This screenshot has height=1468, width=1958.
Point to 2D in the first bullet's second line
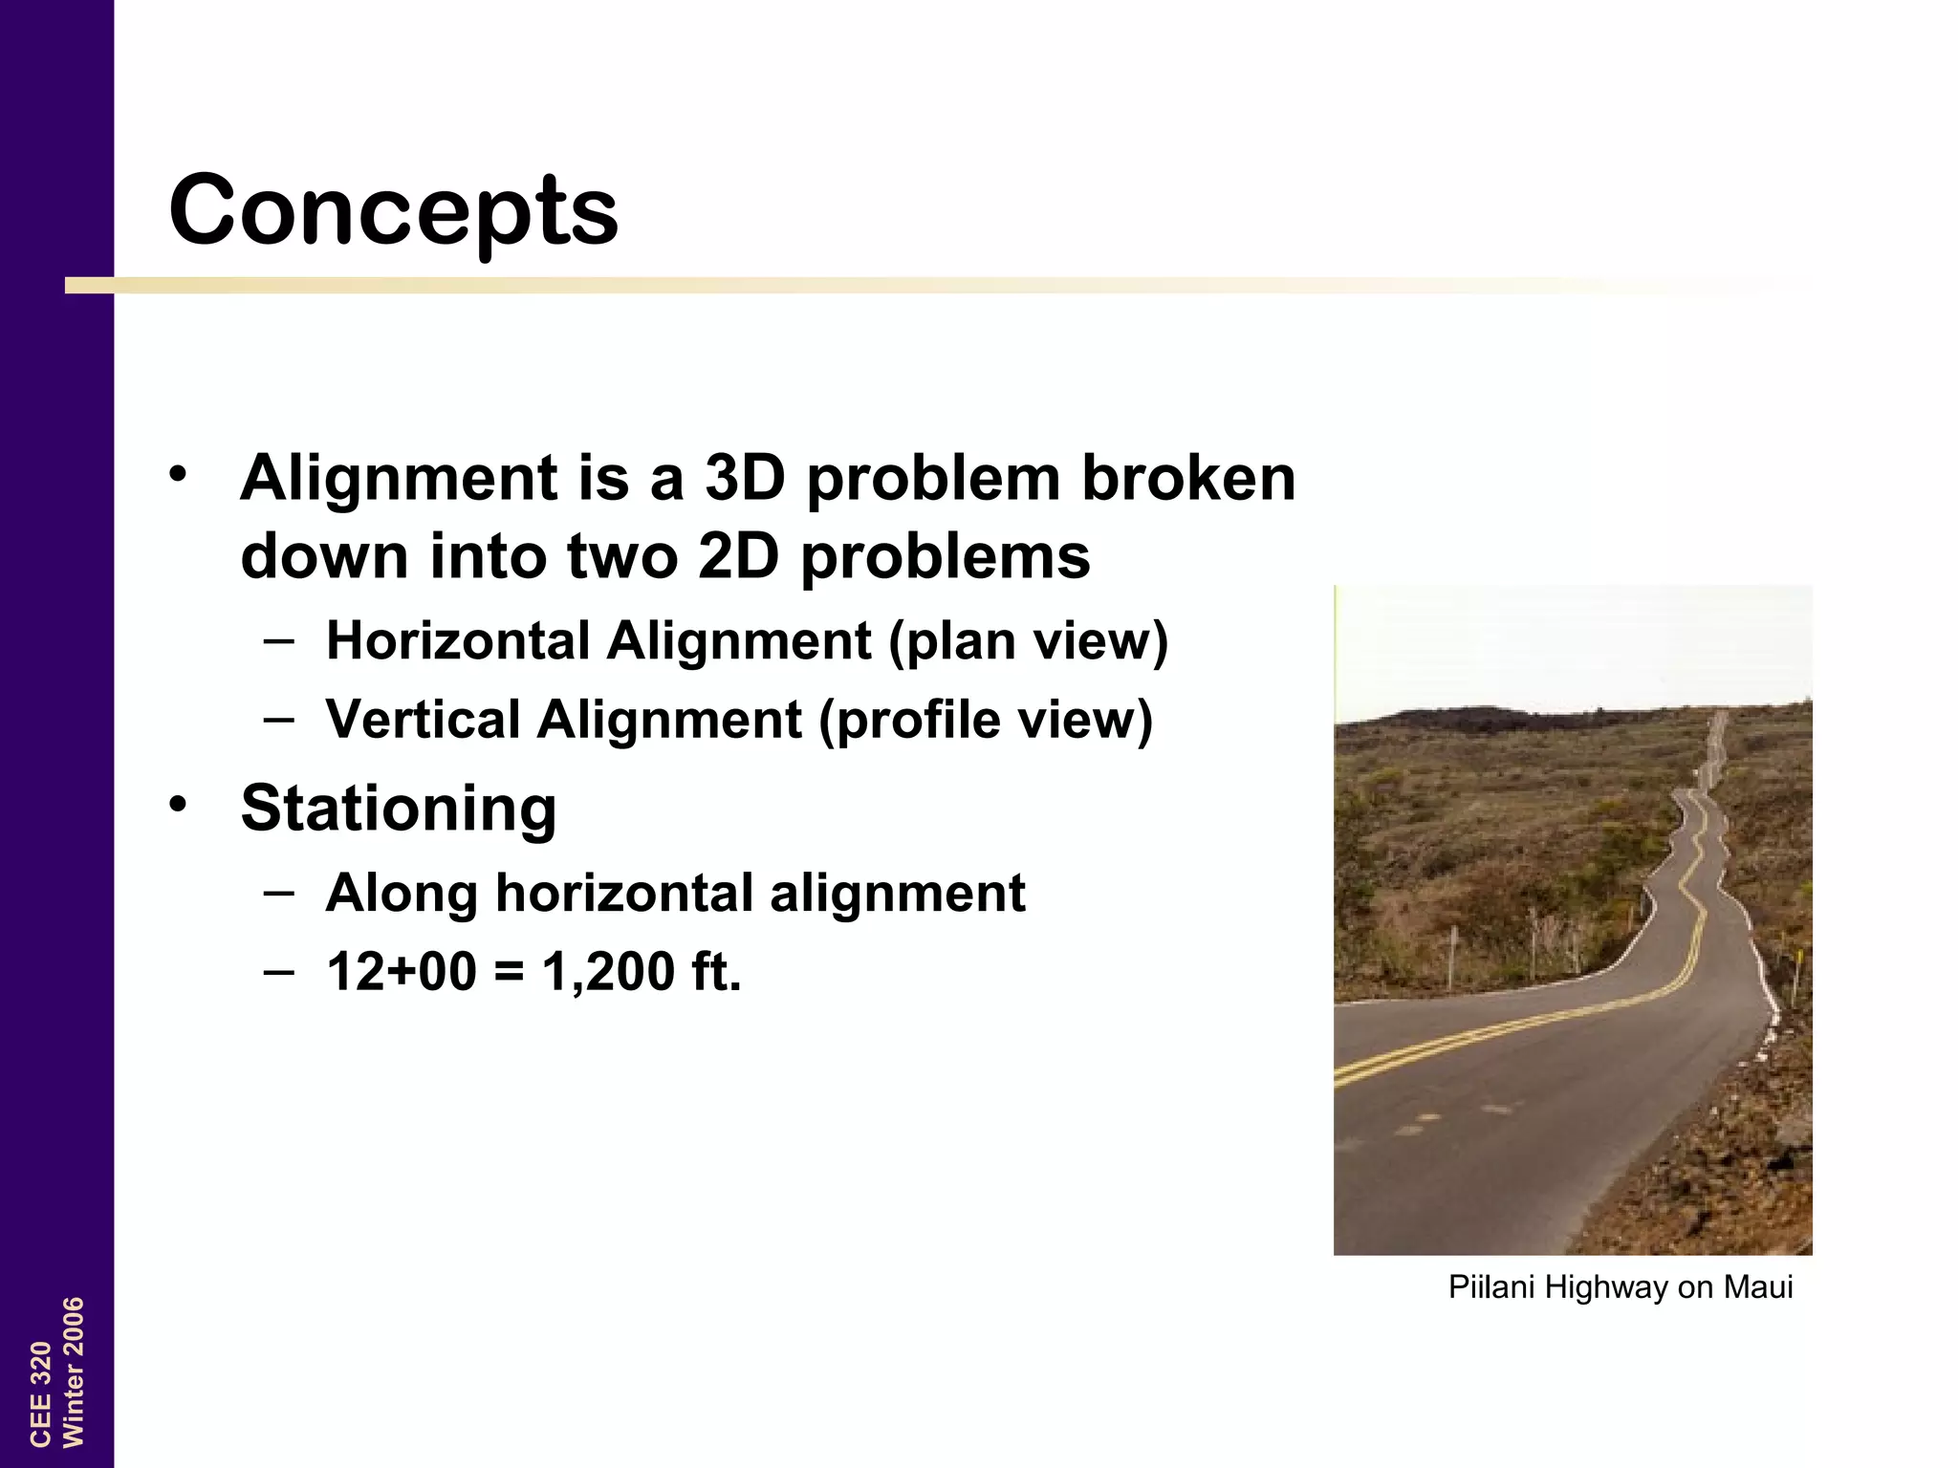coord(738,556)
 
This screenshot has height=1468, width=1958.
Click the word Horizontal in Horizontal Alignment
coord(458,640)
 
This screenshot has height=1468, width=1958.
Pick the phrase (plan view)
coord(1029,642)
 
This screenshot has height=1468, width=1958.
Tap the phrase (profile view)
coord(986,721)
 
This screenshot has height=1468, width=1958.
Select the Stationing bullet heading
coord(398,809)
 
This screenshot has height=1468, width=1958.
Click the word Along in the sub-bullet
coord(402,894)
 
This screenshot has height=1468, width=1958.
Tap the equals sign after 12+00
coord(510,973)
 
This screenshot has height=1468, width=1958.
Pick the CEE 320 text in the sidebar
coord(40,1393)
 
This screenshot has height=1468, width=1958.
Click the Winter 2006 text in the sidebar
coord(74,1371)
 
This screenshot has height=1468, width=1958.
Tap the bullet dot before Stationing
coord(177,804)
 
